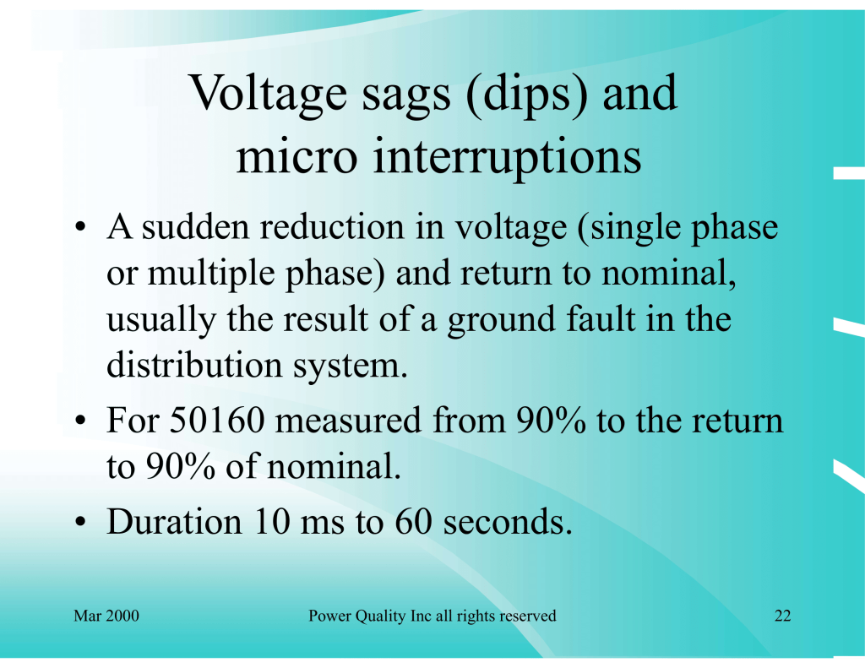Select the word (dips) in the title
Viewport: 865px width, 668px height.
(x=527, y=95)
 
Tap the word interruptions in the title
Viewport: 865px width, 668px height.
(x=508, y=157)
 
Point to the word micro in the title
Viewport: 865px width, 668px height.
(x=296, y=157)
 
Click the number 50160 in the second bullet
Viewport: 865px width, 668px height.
(x=217, y=420)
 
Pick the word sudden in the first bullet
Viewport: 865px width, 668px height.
(x=196, y=226)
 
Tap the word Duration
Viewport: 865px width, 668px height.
(x=174, y=521)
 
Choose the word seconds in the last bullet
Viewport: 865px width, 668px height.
(x=508, y=522)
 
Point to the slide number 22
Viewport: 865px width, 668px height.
(x=783, y=616)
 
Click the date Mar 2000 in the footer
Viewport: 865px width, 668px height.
(x=106, y=616)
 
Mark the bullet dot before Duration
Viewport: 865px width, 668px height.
(x=80, y=522)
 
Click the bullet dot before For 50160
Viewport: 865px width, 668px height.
(x=80, y=421)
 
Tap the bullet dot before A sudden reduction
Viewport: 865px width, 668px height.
(x=80, y=226)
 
